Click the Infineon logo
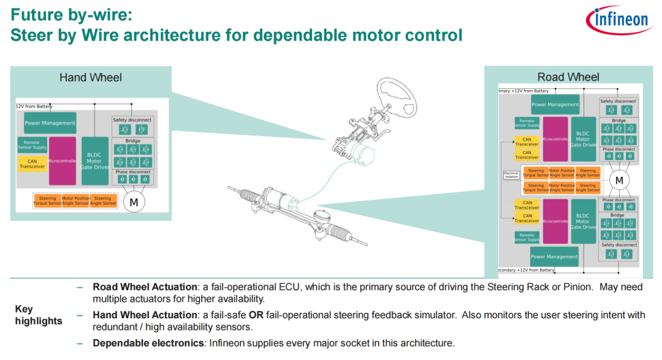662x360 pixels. [620, 21]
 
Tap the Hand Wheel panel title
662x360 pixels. [90, 77]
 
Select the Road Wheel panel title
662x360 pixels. [568, 77]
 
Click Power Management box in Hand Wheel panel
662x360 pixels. [50, 123]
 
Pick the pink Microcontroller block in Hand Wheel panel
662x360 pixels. [62, 161]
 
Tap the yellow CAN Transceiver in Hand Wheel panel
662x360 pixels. [32, 164]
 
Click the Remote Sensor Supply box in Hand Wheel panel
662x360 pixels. [32, 145]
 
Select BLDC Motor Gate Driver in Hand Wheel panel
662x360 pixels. [94, 161]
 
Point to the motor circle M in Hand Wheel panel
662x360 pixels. [132, 202]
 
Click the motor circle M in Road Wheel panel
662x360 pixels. [619, 180]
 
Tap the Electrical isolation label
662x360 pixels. [511, 175]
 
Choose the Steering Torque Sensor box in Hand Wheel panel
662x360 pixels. [47, 201]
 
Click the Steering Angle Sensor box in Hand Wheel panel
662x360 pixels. [103, 201]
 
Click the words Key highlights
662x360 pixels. [38, 315]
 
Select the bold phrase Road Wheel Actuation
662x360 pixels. [145, 287]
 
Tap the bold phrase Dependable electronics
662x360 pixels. [148, 343]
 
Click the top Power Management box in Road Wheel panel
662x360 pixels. [555, 104]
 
